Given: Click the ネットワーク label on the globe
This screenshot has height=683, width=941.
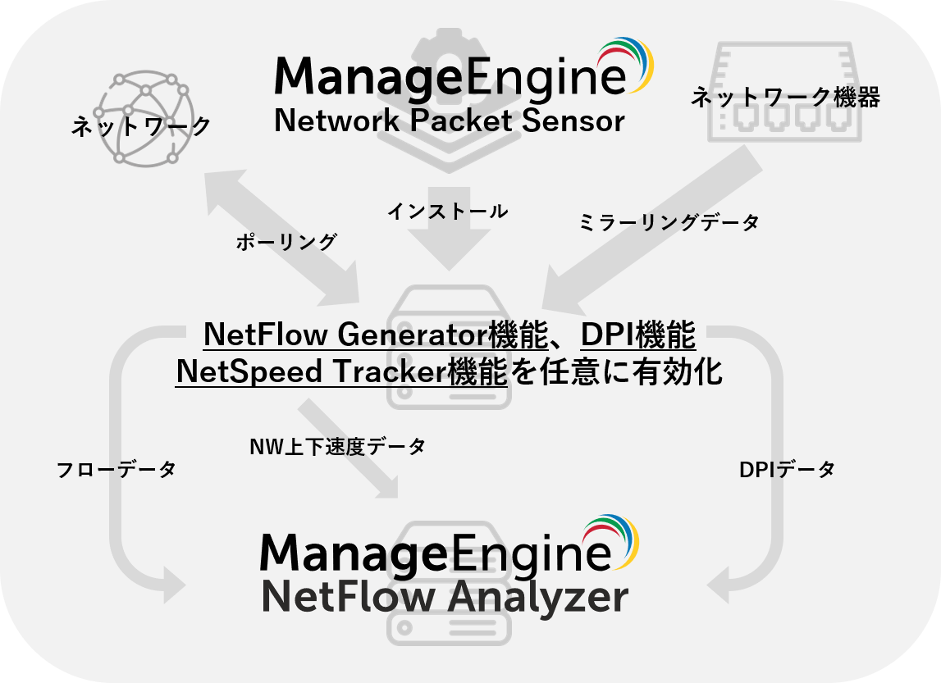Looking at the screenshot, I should pos(141,126).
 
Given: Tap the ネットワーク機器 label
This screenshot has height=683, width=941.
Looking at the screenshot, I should pos(785,98).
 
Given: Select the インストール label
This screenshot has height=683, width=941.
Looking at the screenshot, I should pos(447,212).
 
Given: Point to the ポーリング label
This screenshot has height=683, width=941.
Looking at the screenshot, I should pos(286,242).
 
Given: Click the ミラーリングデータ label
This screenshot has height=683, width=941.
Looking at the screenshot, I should pos(669,221).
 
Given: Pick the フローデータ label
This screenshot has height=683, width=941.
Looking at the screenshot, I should pos(116,470).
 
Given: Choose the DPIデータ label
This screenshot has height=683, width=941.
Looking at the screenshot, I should pos(787,470).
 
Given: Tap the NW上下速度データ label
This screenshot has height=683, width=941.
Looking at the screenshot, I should pos(337,447).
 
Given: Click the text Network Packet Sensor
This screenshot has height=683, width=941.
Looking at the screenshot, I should pos(449,121).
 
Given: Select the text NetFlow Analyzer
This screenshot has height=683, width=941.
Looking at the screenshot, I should pos(445,598).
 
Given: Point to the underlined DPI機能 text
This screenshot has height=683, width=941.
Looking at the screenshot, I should pos(638,335).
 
